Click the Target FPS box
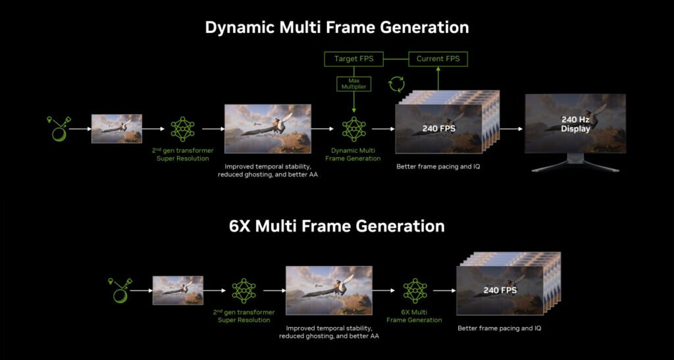click(354, 59)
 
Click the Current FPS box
click(438, 59)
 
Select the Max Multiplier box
click(354, 84)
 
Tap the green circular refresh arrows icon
click(397, 84)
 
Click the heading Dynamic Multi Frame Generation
click(337, 28)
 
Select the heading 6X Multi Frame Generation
click(337, 226)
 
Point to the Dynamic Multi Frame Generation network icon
click(354, 129)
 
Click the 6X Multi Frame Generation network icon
click(414, 290)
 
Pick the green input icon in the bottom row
click(119, 290)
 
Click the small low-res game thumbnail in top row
click(117, 129)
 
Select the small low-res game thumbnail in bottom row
click(178, 290)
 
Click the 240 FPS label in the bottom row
click(500, 290)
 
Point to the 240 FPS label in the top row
click(439, 129)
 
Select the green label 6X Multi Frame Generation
click(414, 316)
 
